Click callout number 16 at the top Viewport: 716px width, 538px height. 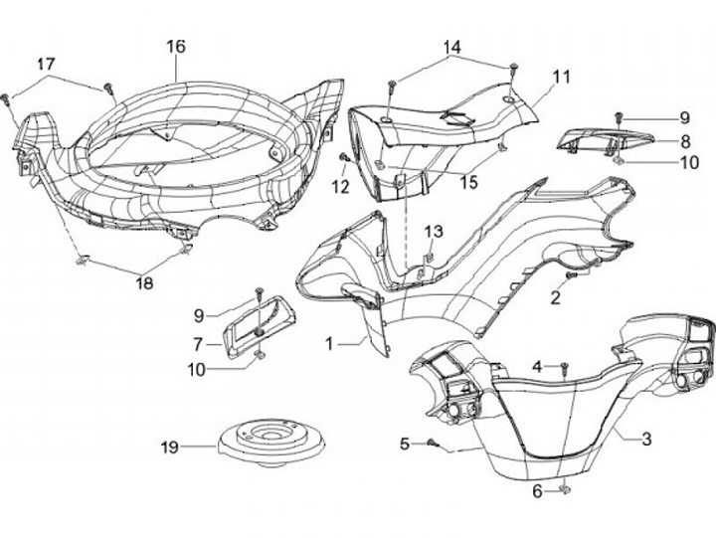point(175,46)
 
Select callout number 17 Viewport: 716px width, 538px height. point(46,64)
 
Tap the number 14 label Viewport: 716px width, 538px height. point(452,47)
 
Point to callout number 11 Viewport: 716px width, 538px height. point(562,76)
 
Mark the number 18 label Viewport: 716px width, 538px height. point(144,283)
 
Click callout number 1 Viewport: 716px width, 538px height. point(328,344)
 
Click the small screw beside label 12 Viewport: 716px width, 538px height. point(344,157)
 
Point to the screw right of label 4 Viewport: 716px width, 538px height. point(564,369)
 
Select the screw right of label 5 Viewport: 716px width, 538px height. point(435,443)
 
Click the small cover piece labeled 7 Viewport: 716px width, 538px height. point(256,327)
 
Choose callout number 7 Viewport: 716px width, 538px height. point(199,344)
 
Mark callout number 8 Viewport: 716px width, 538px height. point(685,140)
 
